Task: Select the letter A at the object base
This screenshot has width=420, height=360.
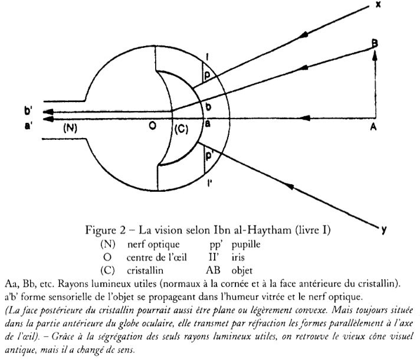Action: click(374, 127)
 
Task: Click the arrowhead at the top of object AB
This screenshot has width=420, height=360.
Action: click(374, 54)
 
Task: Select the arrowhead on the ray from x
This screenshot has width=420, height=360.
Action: click(306, 36)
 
